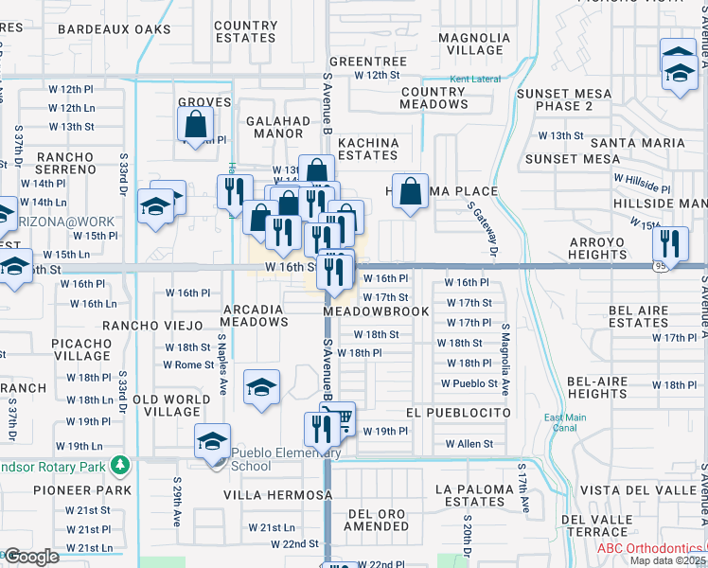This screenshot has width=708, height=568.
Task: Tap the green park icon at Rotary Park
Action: tap(120, 465)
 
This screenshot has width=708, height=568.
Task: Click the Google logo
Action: tap(31, 557)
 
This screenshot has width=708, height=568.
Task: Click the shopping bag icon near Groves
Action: tap(195, 123)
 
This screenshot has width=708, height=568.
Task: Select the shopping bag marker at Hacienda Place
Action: tap(411, 189)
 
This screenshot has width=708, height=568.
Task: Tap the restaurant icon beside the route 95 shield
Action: tap(670, 241)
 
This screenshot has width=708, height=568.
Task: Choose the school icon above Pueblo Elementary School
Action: tap(261, 386)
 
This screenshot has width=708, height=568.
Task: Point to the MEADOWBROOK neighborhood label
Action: tap(376, 311)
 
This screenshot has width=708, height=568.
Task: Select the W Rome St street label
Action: tap(188, 364)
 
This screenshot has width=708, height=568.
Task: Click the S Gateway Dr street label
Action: tap(481, 228)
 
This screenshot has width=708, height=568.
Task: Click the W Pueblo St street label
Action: tap(469, 383)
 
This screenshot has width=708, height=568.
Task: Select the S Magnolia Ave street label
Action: tap(505, 360)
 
